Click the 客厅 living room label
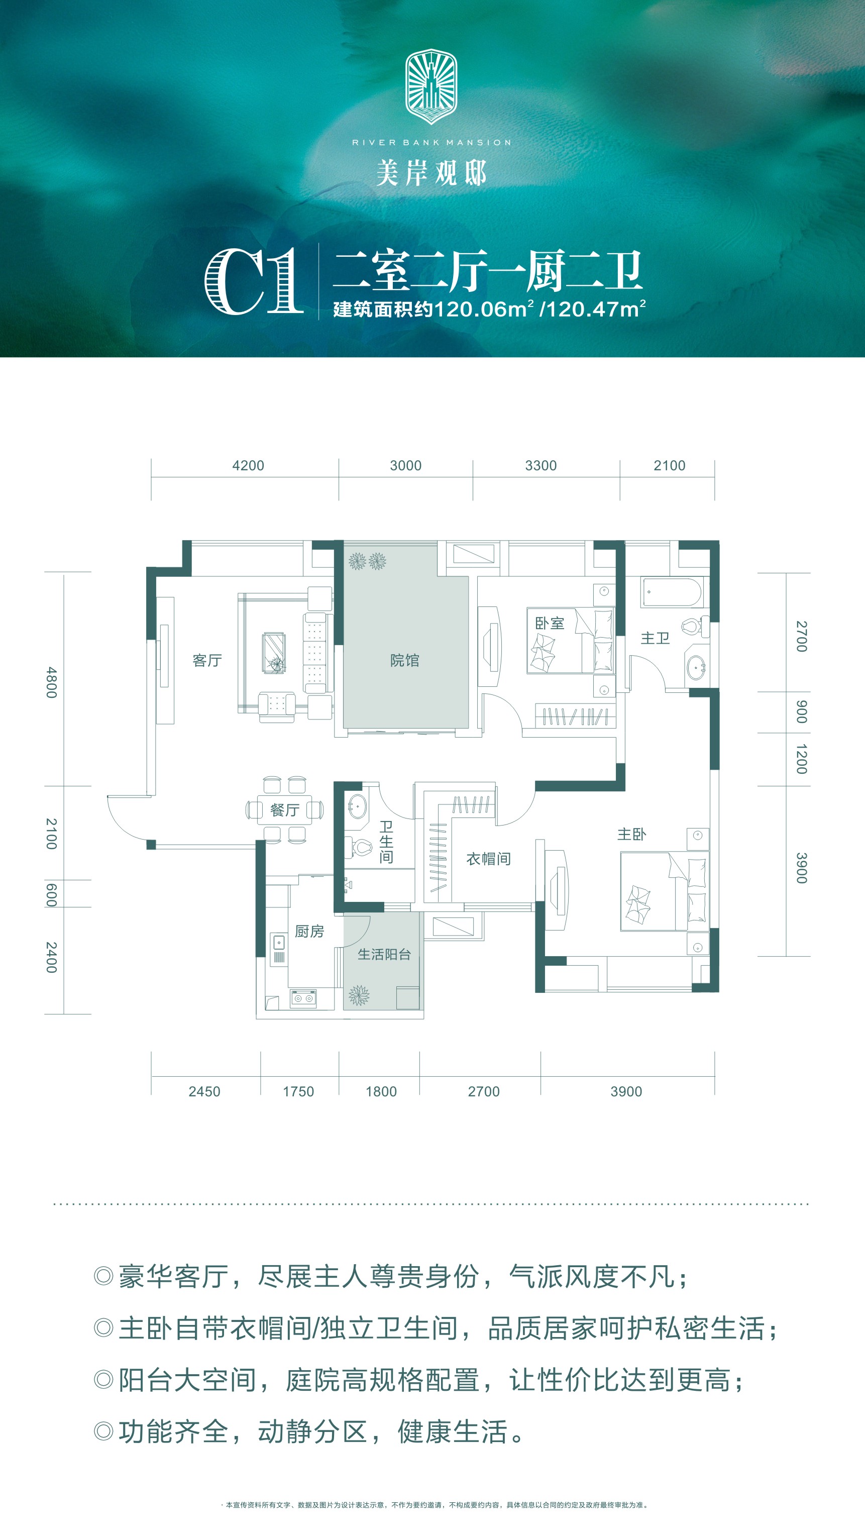[x=207, y=660]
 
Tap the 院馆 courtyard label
[x=404, y=660]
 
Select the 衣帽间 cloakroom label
[x=488, y=859]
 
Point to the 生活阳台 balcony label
[x=384, y=954]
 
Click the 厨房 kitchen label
[x=309, y=932]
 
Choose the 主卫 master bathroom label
[x=656, y=638]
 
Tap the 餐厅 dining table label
[x=284, y=809]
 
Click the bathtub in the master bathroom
[x=672, y=592]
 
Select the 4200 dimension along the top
[x=248, y=465]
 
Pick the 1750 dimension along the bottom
[x=298, y=1091]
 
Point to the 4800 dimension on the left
[x=52, y=682]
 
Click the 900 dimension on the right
[x=802, y=711]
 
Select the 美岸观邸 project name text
[x=431, y=173]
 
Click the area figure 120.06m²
[x=483, y=309]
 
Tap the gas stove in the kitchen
[x=303, y=998]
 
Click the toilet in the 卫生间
[x=360, y=847]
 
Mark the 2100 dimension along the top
[x=669, y=465]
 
